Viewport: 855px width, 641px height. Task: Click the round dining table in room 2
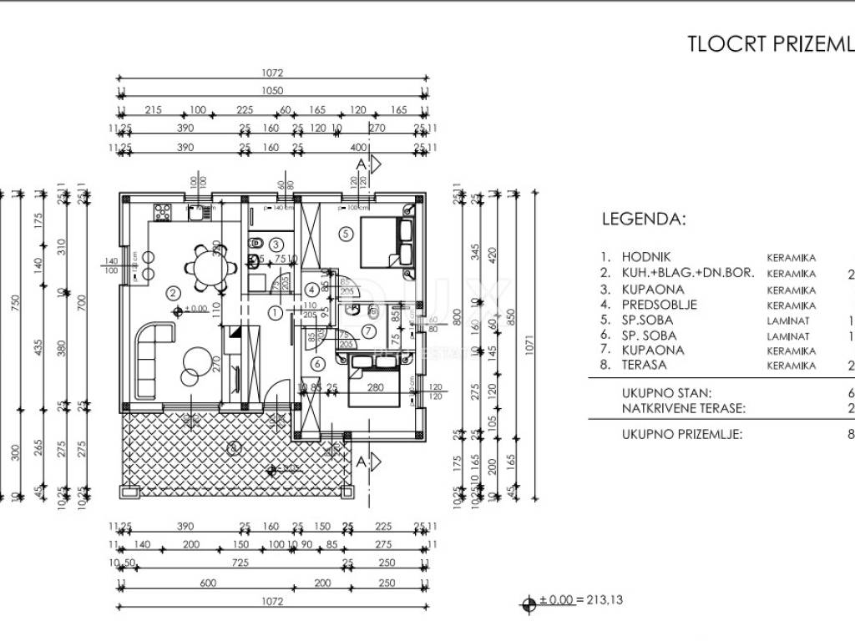(205, 267)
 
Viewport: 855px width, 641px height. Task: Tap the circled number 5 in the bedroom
(346, 234)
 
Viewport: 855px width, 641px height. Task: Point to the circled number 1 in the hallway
(276, 312)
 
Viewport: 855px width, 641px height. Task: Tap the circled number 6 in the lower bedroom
(316, 363)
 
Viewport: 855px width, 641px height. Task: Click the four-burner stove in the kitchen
(162, 212)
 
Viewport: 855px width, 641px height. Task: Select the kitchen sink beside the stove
(197, 212)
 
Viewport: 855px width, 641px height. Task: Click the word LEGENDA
(644, 220)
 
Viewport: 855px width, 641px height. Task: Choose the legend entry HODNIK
(646, 258)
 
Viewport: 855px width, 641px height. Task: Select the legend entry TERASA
(644, 365)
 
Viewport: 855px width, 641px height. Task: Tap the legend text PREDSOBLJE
(659, 305)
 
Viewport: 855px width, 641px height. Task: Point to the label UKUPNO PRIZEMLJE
(682, 434)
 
